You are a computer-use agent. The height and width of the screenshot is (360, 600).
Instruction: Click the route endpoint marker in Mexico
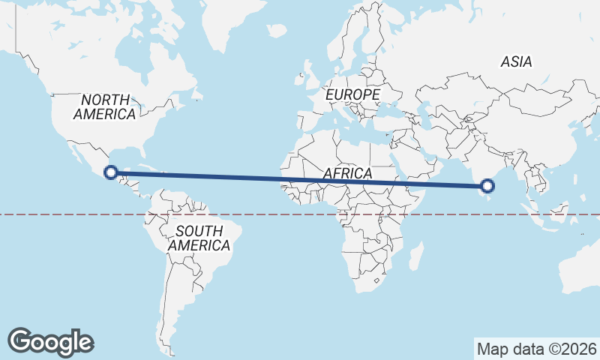pos(110,172)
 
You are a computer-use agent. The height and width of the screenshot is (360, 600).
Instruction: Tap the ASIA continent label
pos(517,62)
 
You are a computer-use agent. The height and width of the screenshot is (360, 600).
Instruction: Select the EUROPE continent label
pos(352,95)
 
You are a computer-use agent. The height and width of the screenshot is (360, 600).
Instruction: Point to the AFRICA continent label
pos(348,174)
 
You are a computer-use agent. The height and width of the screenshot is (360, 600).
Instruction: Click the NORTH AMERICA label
pos(105,107)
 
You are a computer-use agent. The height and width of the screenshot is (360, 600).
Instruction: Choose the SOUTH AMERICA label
pos(199,238)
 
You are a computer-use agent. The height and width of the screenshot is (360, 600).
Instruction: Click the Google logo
pos(50,341)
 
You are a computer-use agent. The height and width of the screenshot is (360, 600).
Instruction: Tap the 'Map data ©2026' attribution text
pos(536,349)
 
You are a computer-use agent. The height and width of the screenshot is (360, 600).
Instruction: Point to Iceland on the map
pos(277,31)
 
